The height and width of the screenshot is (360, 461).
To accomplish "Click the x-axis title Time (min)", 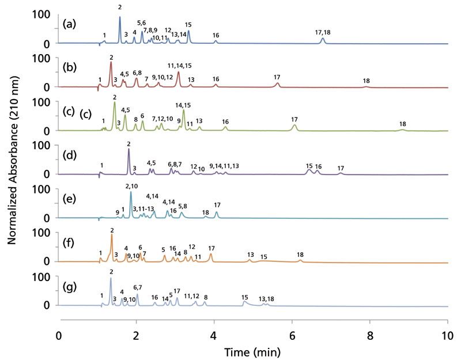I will point(253,351).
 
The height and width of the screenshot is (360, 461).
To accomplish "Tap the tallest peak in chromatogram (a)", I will point(120,18).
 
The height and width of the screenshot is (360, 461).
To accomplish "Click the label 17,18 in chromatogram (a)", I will point(323,32).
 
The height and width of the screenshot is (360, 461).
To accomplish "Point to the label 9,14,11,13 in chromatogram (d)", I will point(224,166).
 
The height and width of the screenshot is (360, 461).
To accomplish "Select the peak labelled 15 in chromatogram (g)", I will point(244,302).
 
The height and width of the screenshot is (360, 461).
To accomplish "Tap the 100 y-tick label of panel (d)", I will point(43,145).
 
